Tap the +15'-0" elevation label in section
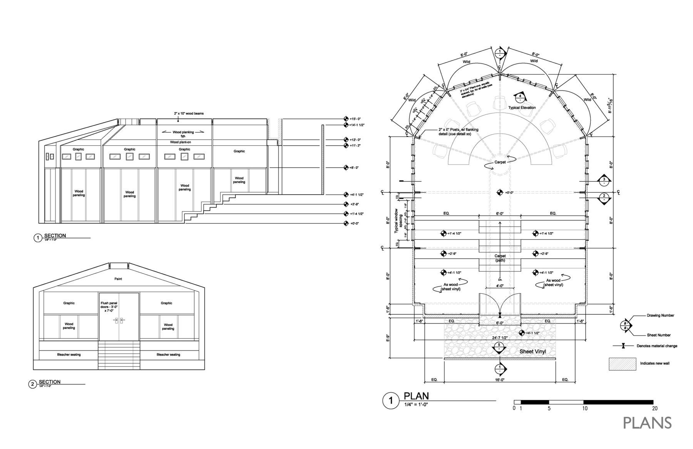[355, 119]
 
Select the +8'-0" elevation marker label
[354, 168]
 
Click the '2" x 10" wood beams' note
[188, 114]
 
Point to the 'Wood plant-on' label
[181, 142]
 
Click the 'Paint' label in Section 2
[118, 279]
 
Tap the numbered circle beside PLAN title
[391, 401]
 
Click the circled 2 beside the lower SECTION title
[33, 384]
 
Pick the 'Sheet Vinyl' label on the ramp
[533, 351]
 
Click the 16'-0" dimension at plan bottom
[500, 380]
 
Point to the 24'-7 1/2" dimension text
[500, 338]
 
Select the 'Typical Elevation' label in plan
[522, 108]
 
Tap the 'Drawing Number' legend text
[660, 315]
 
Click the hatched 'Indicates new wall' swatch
[622, 364]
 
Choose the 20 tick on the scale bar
[654, 409]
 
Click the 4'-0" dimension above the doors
[500, 286]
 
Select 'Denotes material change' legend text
[657, 346]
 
